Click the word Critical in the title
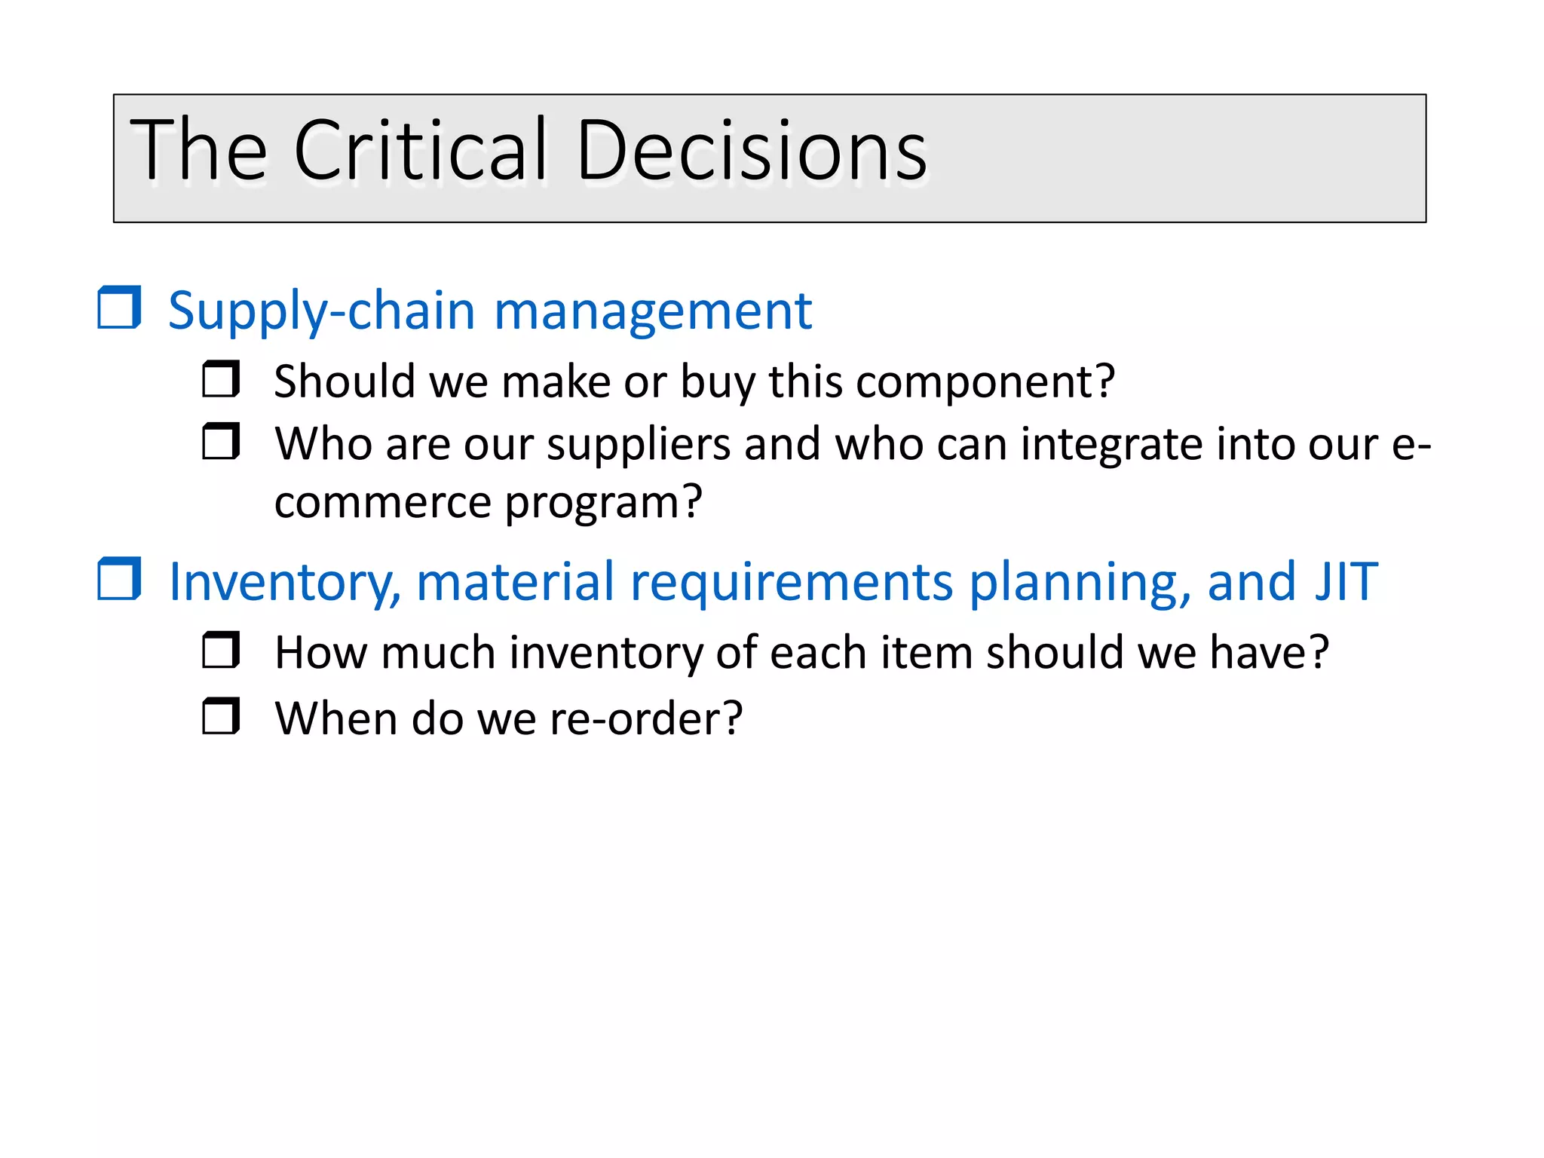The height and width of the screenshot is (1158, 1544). tap(419, 151)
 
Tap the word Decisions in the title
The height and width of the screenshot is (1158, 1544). tap(751, 151)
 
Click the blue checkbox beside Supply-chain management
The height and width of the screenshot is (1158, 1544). tap(119, 308)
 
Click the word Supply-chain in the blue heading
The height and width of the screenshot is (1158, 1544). tap(321, 312)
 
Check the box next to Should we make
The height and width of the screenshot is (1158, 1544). tap(221, 379)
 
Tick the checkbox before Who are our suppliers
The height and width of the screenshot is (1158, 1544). tap(221, 442)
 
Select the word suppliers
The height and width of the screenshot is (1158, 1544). tap(639, 445)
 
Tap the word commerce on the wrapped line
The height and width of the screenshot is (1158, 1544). tap(382, 504)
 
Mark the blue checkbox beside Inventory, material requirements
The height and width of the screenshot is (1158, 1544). tap(119, 579)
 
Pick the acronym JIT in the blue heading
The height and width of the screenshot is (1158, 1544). tap(1346, 582)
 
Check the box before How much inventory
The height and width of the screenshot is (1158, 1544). tap(221, 651)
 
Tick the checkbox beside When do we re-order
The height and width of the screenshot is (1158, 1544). tap(221, 716)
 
